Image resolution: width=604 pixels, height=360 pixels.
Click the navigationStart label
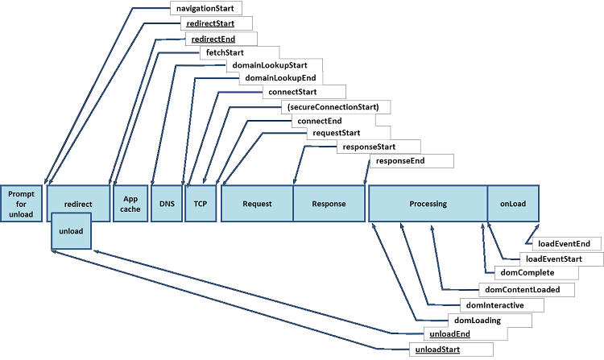(x=205, y=9)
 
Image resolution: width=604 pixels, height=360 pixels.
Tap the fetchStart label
(x=220, y=52)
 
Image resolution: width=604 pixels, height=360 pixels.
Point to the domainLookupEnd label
(x=279, y=79)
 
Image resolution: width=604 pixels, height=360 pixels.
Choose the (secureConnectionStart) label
(x=337, y=106)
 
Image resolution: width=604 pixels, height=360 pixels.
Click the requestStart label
(x=336, y=133)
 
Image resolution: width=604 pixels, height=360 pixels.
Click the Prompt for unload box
(x=21, y=204)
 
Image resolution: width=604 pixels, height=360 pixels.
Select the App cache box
(x=130, y=204)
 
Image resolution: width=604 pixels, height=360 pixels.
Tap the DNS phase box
(x=167, y=204)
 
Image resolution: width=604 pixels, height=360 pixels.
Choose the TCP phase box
(x=201, y=204)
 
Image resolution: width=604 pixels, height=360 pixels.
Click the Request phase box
(x=257, y=204)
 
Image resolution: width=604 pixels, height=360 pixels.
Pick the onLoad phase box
(x=512, y=204)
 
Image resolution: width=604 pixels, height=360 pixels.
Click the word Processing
(x=428, y=204)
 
